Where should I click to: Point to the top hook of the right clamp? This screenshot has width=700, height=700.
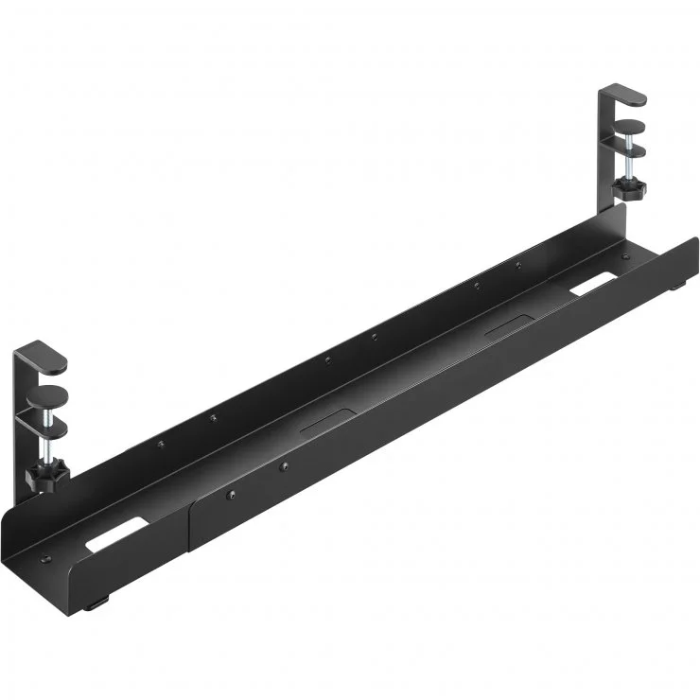(624, 95)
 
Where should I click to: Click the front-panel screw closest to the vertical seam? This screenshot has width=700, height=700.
(230, 493)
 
